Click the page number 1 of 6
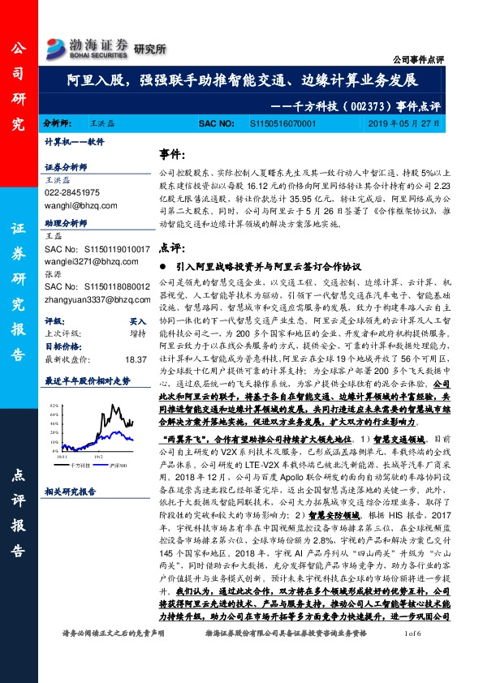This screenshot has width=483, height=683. [x=412, y=655]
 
